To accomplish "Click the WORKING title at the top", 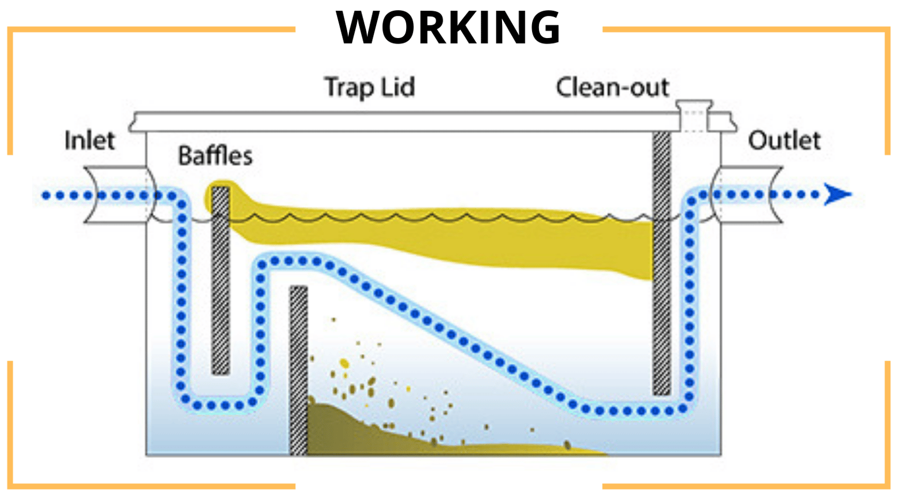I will click(x=448, y=27).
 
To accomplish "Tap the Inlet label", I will click(x=90, y=140).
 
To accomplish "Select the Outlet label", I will click(x=784, y=140).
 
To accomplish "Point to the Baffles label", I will click(x=215, y=155).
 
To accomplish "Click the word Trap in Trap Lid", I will click(x=348, y=87).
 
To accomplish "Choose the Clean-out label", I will click(x=612, y=87).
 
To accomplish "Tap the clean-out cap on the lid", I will click(x=694, y=106).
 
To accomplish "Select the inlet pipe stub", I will click(x=116, y=194).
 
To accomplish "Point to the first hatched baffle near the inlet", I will click(x=220, y=281).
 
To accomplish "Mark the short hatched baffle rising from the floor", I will click(x=298, y=369).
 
